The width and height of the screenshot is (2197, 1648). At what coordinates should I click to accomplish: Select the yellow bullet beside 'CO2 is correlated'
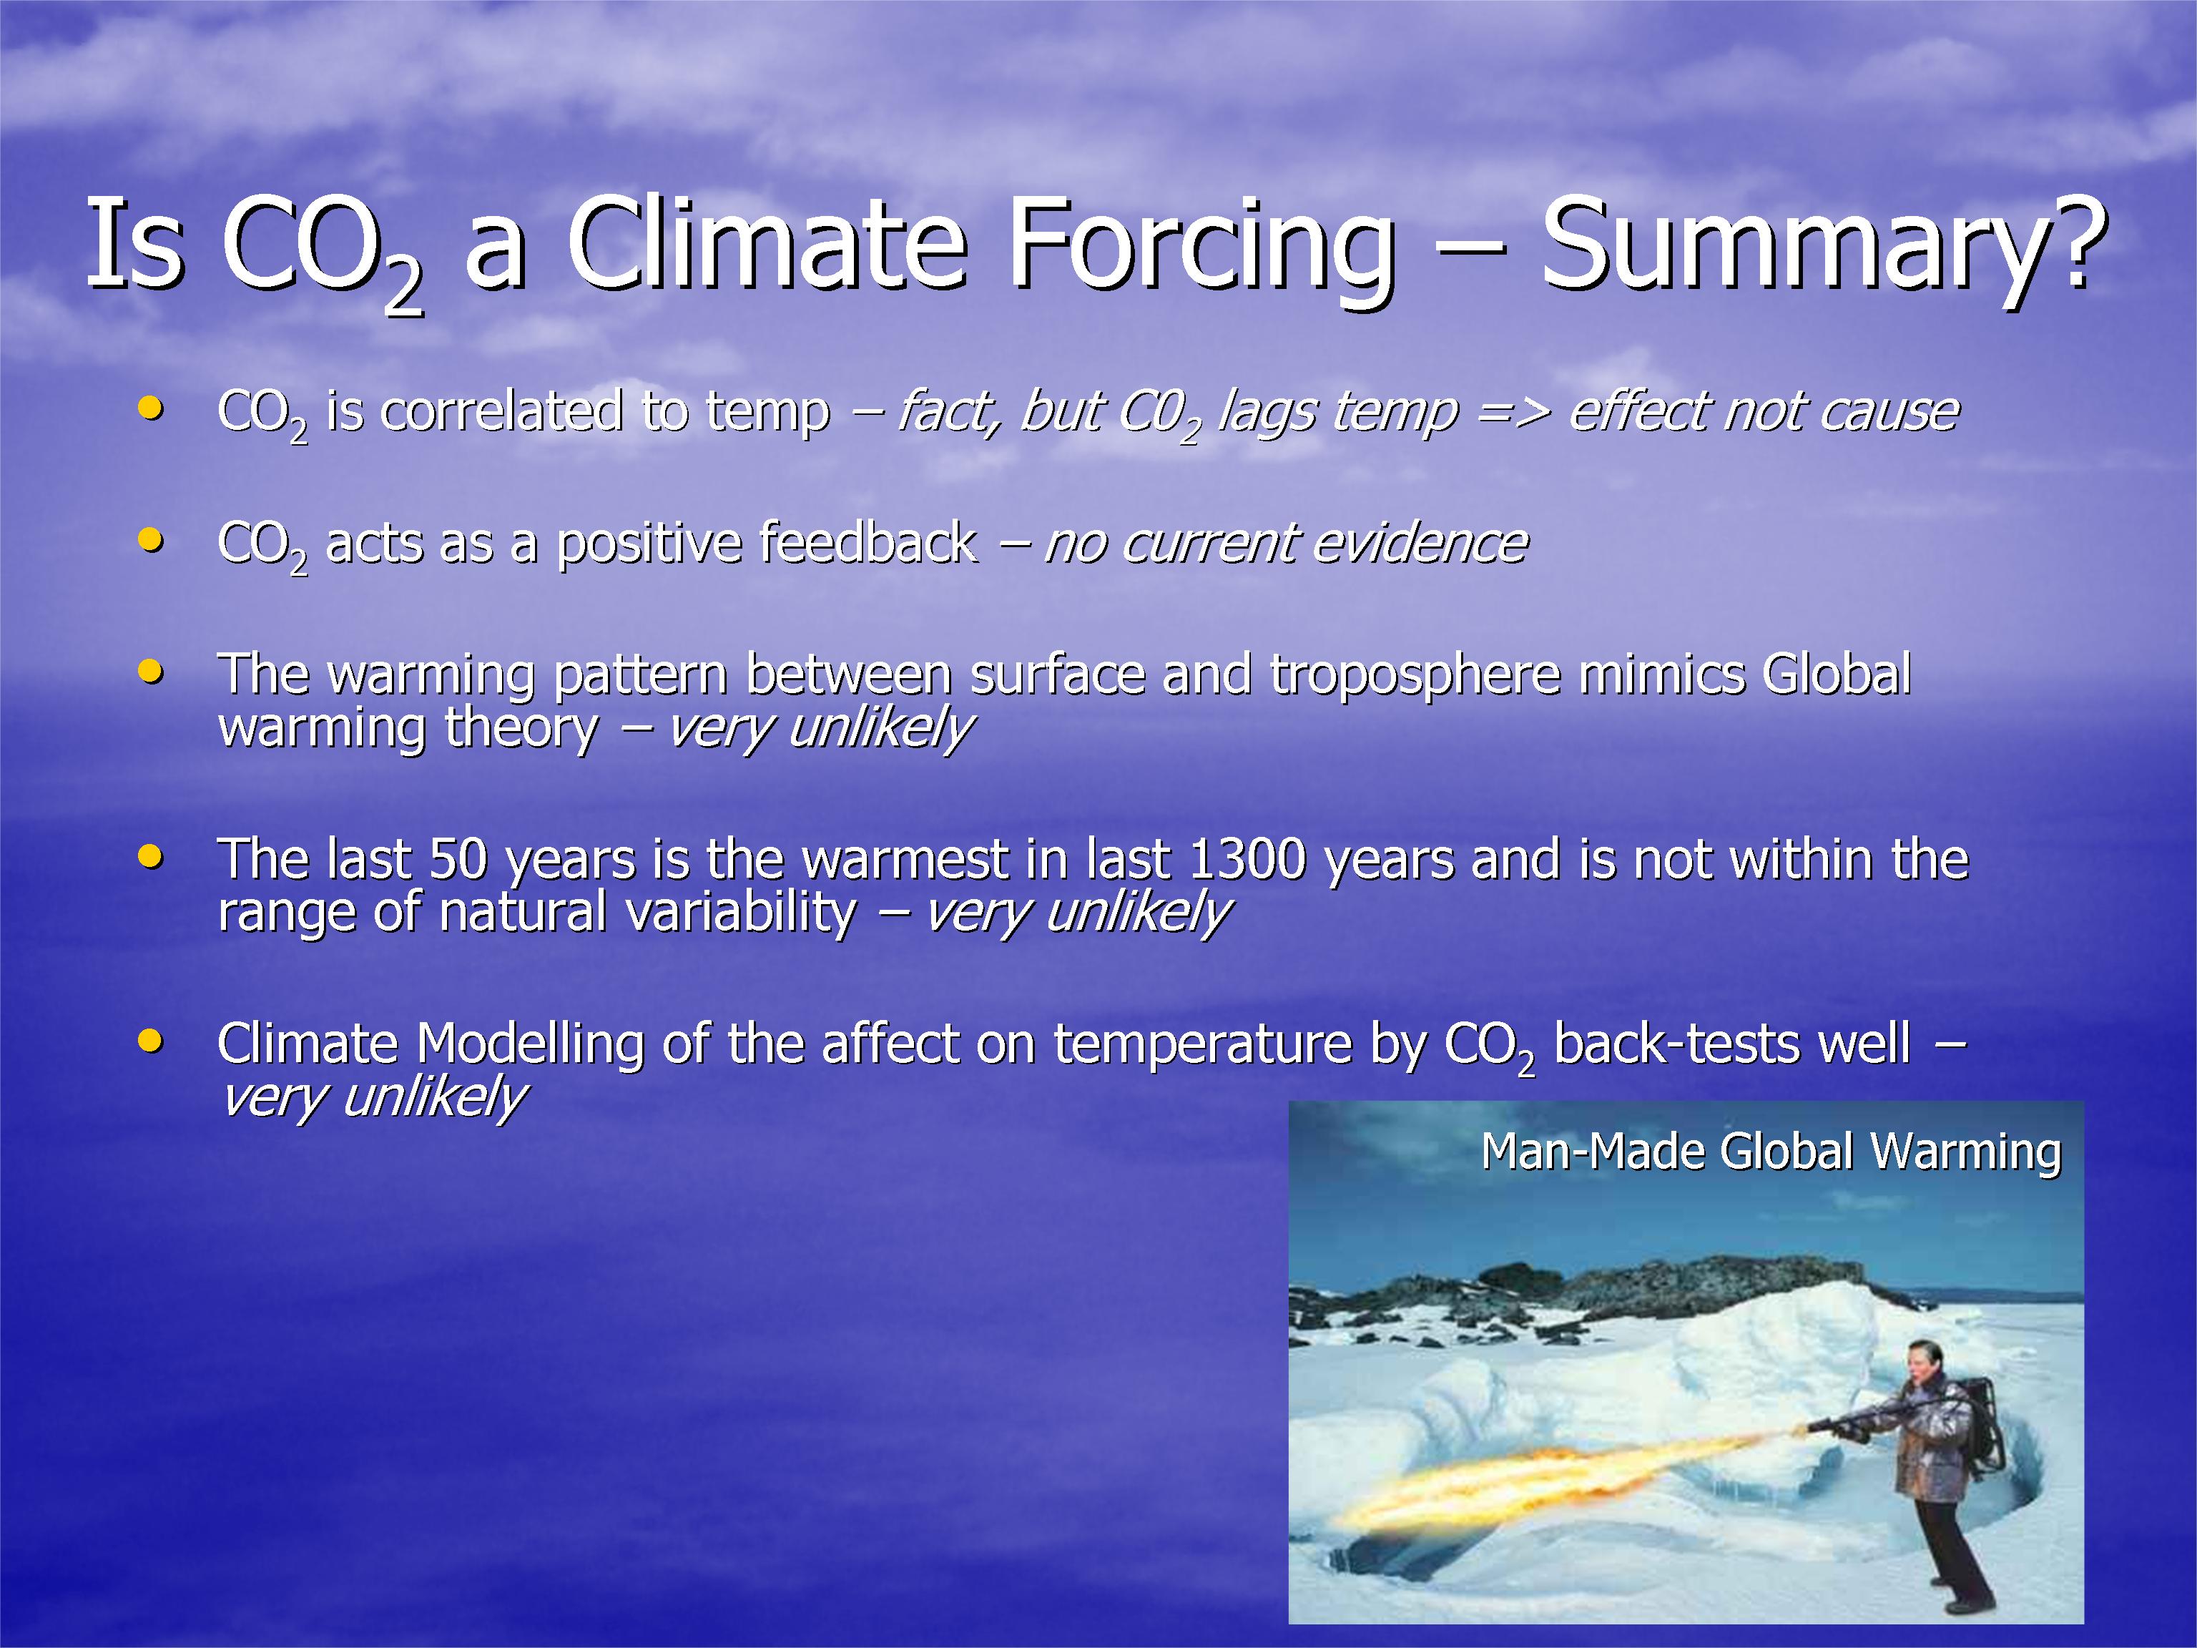(151, 408)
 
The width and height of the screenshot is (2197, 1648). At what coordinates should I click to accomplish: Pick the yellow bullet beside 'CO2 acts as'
(151, 541)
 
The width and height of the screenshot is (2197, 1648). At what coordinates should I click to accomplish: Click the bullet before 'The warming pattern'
(151, 672)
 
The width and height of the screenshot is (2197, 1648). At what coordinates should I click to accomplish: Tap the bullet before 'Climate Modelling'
(151, 1041)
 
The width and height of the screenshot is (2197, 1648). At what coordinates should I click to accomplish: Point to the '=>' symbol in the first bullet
(1513, 412)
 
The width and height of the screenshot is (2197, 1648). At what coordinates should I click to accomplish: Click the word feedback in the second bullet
(867, 542)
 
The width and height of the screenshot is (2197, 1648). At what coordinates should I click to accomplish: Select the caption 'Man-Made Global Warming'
(1771, 1152)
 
